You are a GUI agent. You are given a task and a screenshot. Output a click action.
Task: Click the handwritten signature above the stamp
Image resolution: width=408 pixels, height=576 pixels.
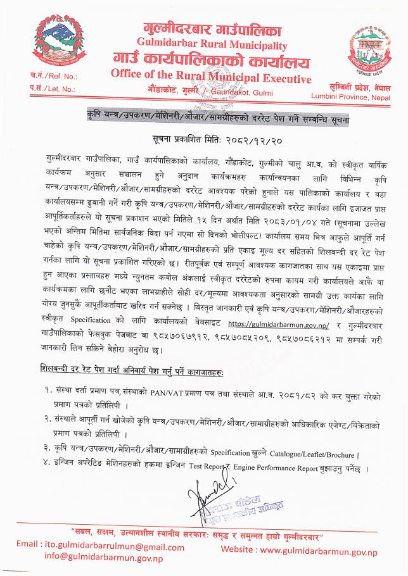[206, 487]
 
